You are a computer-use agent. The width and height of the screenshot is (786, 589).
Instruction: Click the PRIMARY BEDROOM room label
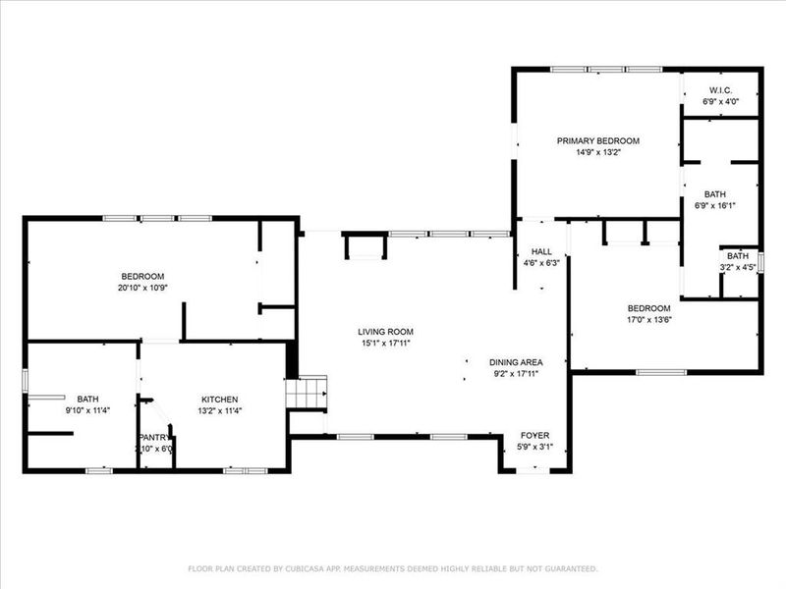(x=597, y=140)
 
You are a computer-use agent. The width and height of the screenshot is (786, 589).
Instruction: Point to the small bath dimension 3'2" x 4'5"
(x=738, y=267)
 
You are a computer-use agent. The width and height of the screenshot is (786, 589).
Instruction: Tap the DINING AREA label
(x=516, y=361)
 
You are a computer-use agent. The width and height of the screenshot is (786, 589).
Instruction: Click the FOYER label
(x=534, y=435)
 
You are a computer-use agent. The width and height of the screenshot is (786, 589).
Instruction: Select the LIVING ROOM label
(x=385, y=332)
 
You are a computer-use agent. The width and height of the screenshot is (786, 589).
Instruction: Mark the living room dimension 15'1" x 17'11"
(x=385, y=344)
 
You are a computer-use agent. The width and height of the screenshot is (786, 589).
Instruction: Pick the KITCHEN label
(x=219, y=400)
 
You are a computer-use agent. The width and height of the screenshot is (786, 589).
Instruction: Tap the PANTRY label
(x=154, y=437)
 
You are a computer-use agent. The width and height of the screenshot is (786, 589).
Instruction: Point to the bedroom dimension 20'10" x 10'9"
(x=142, y=288)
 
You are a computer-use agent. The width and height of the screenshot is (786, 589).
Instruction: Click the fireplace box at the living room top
(x=363, y=246)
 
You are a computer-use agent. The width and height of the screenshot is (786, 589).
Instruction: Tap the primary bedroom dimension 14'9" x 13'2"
(x=597, y=152)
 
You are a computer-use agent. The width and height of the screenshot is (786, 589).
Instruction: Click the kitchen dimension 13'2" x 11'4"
(x=219, y=410)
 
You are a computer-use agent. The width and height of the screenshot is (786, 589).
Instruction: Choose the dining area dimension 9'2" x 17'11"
(x=516, y=373)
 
